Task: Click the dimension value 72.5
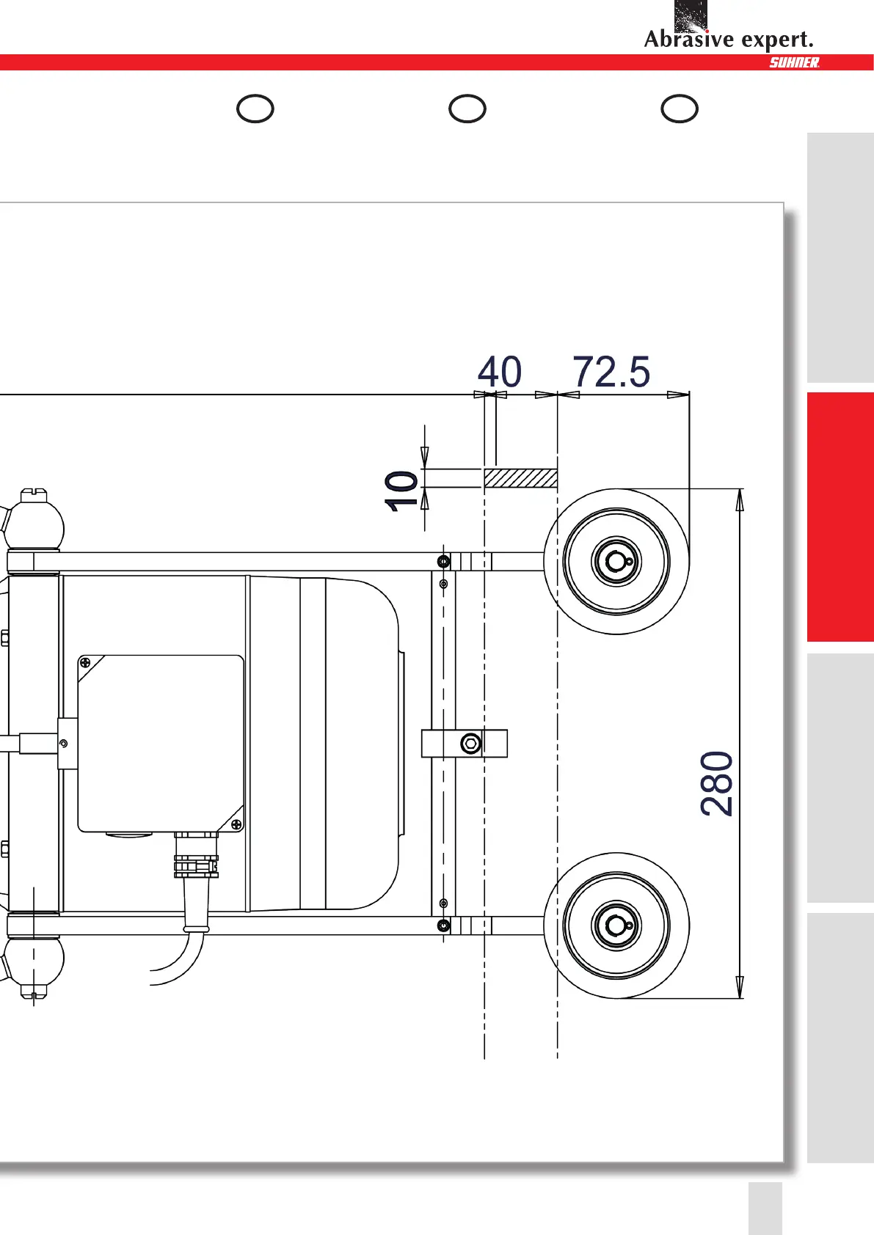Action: pos(611,372)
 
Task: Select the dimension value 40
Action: pos(499,372)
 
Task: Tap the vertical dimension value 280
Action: pos(717,783)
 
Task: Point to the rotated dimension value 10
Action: pos(401,491)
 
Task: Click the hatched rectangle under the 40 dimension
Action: pos(521,478)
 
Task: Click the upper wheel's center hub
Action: pos(616,562)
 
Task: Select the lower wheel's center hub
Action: pos(616,926)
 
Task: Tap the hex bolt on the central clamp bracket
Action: pos(470,743)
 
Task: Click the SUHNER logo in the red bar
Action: pos(795,62)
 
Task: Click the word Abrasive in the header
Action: pos(689,39)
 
